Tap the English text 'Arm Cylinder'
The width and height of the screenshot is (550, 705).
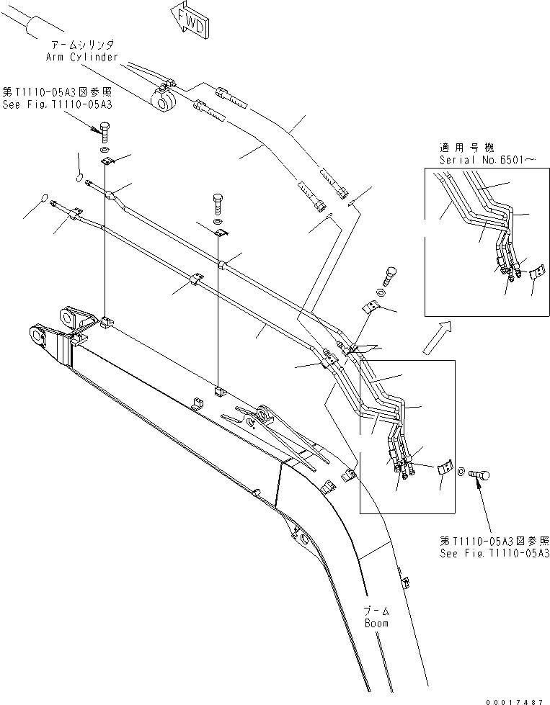86,57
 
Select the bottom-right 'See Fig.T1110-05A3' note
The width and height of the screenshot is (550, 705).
494,553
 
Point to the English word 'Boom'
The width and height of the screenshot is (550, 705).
376,623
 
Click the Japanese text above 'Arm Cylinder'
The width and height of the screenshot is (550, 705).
86,45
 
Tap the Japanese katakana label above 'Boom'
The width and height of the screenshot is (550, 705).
376,611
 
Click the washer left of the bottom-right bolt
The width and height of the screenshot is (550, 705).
461,472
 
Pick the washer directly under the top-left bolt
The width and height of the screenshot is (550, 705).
106,150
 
